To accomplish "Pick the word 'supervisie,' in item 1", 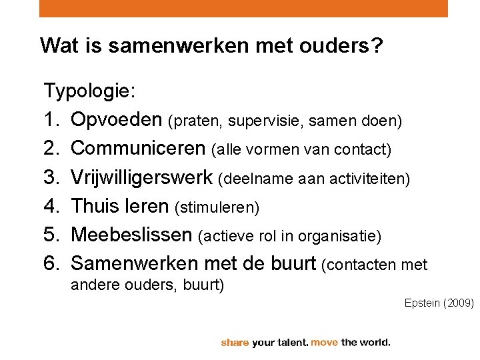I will (258, 121).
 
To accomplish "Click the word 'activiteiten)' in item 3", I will (379, 179).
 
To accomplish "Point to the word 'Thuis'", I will (95, 206).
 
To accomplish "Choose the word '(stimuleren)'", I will (216, 208).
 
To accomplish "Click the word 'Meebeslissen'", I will (132, 235).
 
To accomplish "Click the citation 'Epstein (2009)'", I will (439, 303).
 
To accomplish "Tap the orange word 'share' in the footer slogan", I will (235, 343).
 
